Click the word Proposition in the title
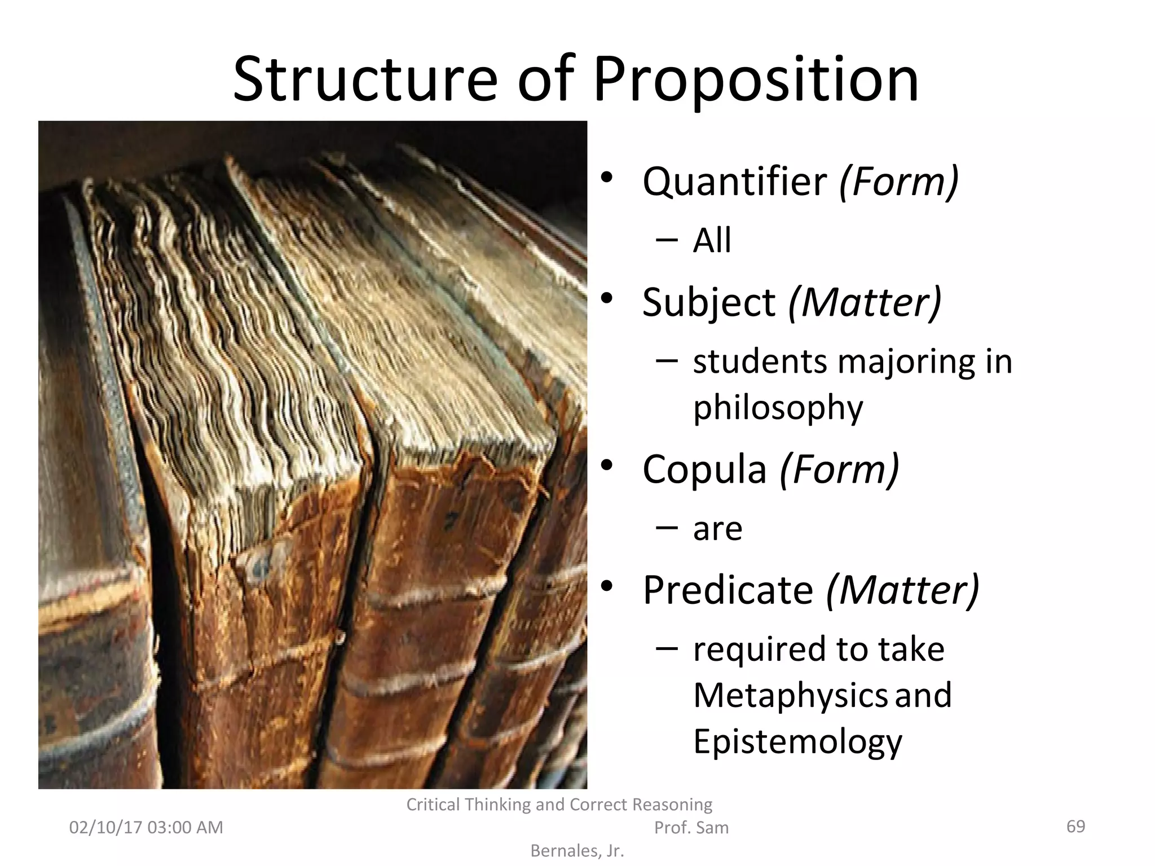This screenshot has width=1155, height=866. point(756,80)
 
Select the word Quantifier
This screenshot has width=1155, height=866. point(734,182)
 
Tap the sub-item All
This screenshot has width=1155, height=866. point(712,241)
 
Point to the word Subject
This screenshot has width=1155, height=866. point(708,302)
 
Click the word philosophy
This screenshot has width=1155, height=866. point(778,408)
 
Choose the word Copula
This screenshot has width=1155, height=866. point(704,469)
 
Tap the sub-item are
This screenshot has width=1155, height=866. point(717,529)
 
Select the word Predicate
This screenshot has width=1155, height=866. point(728,590)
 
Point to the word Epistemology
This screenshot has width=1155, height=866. point(797,741)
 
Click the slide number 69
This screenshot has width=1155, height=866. point(1075,826)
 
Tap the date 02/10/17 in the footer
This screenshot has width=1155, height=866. point(105,827)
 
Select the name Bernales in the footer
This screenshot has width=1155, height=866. point(566,851)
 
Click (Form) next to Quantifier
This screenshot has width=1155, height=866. point(899,182)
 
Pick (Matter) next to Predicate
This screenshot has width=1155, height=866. point(903,590)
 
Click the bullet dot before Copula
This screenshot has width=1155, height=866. point(607,466)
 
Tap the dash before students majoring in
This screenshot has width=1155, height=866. point(667,360)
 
